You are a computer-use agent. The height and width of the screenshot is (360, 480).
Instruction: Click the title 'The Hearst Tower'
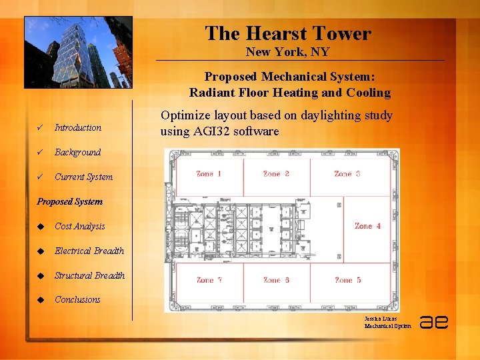287,33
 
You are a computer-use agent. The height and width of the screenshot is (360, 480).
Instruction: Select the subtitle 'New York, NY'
287,52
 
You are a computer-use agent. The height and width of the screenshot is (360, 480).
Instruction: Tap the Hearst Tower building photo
78,53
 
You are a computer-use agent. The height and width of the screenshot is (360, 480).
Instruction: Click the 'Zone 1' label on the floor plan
209,174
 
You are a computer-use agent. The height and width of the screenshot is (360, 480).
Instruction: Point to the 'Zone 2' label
276,174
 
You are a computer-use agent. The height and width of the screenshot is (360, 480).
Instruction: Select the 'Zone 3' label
347,174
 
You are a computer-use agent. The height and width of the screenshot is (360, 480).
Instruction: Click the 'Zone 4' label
367,226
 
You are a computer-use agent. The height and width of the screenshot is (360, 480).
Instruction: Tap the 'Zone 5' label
347,280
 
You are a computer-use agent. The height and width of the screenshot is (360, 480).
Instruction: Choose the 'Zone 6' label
276,280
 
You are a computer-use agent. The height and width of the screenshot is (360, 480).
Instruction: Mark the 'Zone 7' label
209,280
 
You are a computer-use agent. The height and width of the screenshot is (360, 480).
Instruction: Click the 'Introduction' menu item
78,127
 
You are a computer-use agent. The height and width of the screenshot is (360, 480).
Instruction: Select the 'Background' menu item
77,152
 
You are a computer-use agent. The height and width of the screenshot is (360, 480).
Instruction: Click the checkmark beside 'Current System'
41,177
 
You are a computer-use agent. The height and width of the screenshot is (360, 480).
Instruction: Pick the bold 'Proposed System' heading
70,201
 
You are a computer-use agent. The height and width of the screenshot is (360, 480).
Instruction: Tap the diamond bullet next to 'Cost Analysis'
41,227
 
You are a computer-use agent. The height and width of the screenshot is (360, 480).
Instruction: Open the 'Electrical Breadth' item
89,251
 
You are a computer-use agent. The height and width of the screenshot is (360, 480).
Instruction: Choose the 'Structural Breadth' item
89,275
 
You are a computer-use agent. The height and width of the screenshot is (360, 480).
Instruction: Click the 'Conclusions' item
77,299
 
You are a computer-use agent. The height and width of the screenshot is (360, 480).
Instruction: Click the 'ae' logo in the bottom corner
434,322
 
